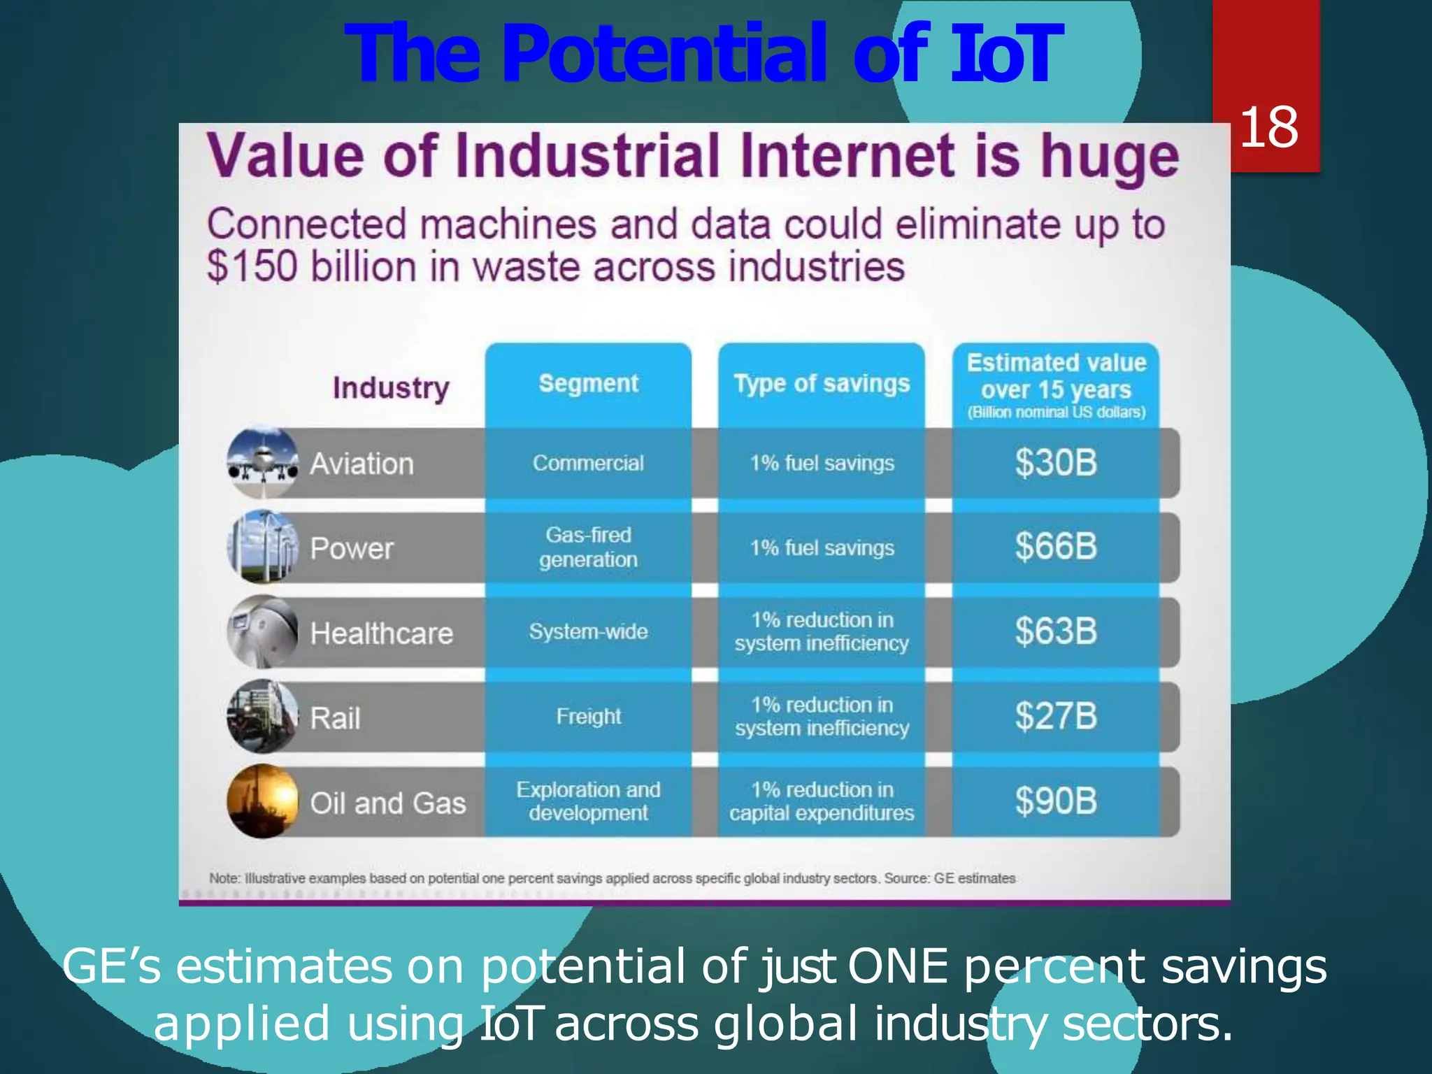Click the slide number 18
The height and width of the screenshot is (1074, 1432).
pyautogui.click(x=1268, y=127)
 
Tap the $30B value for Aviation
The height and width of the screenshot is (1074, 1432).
pyautogui.click(x=1056, y=463)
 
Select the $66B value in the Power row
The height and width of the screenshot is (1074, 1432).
pyautogui.click(x=1056, y=547)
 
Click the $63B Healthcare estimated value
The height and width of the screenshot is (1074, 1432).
pyautogui.click(x=1056, y=631)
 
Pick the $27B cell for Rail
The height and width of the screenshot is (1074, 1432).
pyautogui.click(x=1056, y=717)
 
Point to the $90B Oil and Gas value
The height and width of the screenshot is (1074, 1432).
pyautogui.click(x=1056, y=801)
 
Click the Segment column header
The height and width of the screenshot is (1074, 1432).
pyautogui.click(x=588, y=383)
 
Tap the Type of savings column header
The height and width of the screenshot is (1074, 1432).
pyautogui.click(x=822, y=383)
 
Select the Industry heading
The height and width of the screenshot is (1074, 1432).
pyautogui.click(x=391, y=387)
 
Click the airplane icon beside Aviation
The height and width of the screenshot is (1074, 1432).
pyautogui.click(x=263, y=462)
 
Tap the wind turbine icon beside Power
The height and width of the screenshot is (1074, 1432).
pyautogui.click(x=263, y=547)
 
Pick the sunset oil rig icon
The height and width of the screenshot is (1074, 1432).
pyautogui.click(x=263, y=801)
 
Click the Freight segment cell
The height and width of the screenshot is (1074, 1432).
pyautogui.click(x=588, y=717)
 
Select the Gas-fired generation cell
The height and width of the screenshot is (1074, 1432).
pyautogui.click(x=588, y=547)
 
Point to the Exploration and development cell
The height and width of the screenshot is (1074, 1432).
pyautogui.click(x=588, y=801)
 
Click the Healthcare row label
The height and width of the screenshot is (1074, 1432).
pyautogui.click(x=382, y=633)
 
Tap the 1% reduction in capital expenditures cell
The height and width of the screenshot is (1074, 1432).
pyautogui.click(x=822, y=801)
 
